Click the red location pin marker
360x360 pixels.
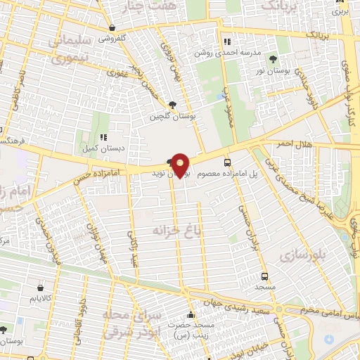coord(181,165)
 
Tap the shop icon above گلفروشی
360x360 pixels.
coord(112,28)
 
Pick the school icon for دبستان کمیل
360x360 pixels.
coord(103,139)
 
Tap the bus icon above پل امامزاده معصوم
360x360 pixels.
coord(226,162)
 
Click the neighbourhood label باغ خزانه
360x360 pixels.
coord(172,230)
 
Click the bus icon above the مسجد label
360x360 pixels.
coord(264,277)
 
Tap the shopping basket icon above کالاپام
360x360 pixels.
coord(40,288)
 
